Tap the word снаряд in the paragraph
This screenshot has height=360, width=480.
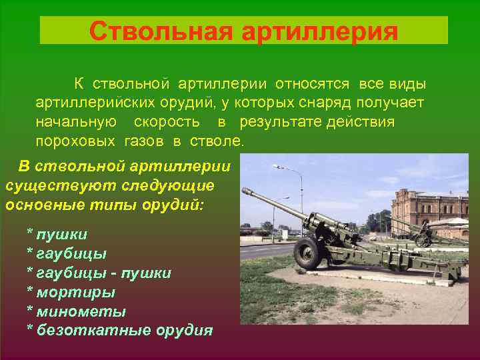[x=326, y=104]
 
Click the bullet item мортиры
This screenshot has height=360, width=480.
[x=74, y=292]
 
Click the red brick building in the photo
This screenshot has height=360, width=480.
[x=427, y=210]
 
